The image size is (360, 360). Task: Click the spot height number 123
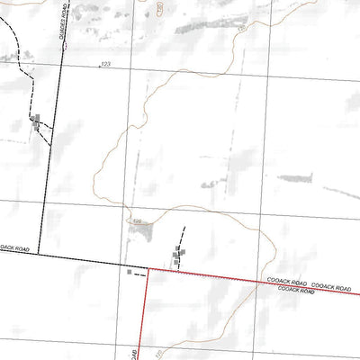coord(105,65)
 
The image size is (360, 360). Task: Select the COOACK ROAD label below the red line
coord(296,291)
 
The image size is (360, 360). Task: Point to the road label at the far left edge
coord(14,247)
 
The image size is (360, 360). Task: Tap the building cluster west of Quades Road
coord(36,123)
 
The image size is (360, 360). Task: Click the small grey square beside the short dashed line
coord(130,270)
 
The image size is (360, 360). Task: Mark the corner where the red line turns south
coord(147,268)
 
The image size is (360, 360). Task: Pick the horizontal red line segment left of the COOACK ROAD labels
coord(207,274)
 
